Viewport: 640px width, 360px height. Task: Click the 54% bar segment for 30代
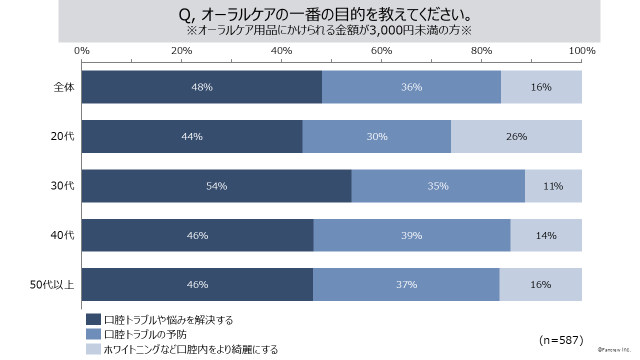[216, 186]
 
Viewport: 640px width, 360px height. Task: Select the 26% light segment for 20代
[516, 136]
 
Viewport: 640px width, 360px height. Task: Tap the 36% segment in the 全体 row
[411, 87]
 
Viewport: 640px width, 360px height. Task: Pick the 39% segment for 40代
[411, 235]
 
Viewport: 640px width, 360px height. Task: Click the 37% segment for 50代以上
[406, 284]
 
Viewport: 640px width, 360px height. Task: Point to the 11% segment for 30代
[553, 186]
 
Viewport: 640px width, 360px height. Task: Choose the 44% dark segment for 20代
[192, 136]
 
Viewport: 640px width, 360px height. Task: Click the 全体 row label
[64, 87]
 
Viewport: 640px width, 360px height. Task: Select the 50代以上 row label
[52, 284]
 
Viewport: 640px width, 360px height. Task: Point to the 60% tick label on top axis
[381, 50]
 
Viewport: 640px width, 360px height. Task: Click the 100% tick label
[582, 50]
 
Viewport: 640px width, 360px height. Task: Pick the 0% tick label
[82, 50]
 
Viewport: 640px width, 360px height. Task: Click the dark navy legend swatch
[93, 320]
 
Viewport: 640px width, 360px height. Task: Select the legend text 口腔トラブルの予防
[145, 334]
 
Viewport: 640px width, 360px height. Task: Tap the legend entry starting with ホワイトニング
[190, 349]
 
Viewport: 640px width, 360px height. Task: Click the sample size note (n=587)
[561, 340]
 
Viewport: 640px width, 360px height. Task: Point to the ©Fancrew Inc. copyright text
[614, 350]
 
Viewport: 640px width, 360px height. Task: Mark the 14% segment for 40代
[546, 235]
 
